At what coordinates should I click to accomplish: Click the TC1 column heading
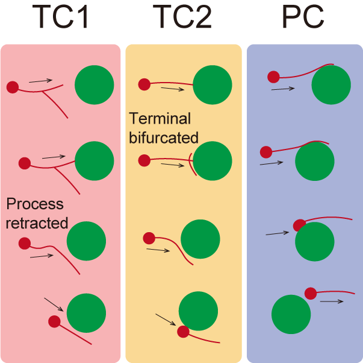click(60, 18)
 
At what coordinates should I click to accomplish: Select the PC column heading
click(303, 18)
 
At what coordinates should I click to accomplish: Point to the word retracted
click(36, 223)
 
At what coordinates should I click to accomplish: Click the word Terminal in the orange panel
click(160, 118)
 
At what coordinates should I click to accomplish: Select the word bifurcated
click(164, 137)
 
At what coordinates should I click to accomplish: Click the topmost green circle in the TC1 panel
click(95, 85)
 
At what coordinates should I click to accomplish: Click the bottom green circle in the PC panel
click(291, 314)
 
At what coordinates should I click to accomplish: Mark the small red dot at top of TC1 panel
click(12, 87)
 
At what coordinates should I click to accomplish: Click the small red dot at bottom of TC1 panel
click(54, 321)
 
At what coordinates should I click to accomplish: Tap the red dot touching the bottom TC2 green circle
click(184, 331)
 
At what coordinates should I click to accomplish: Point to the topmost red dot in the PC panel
click(273, 77)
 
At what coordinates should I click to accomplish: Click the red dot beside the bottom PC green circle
click(311, 294)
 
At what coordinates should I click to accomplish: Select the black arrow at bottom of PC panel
click(332, 301)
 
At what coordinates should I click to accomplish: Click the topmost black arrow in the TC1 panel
click(40, 80)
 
